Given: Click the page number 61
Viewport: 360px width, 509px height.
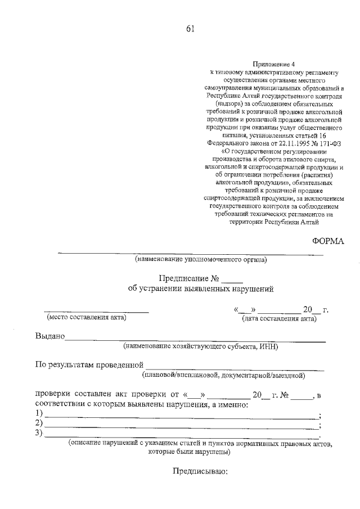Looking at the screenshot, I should [190, 30].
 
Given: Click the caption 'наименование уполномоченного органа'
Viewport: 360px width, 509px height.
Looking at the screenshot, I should [201, 260].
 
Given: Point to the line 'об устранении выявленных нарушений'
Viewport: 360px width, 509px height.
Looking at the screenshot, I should [201, 289].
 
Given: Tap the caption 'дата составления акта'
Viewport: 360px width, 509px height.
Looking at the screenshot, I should [279, 319].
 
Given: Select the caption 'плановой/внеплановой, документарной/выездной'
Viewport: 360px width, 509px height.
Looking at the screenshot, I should [223, 374].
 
